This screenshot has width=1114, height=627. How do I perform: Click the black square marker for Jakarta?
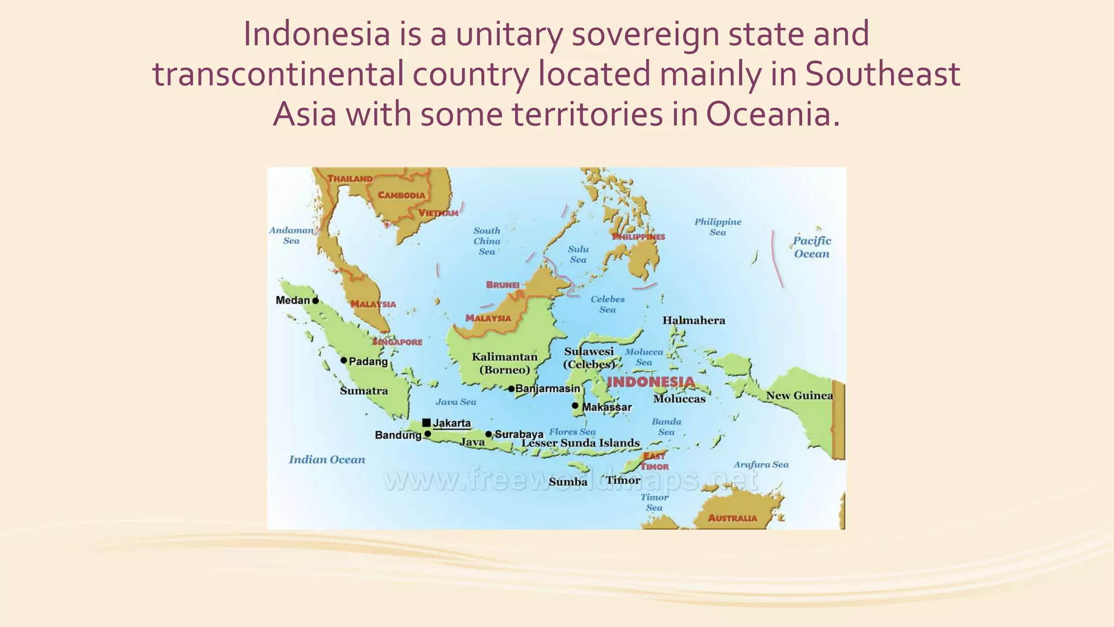click(x=426, y=423)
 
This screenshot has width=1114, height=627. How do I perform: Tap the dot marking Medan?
click(x=315, y=300)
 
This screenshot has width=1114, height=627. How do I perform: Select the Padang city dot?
click(x=344, y=360)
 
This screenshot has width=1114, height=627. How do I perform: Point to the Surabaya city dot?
click(x=488, y=434)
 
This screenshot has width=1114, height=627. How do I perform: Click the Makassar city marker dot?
click(x=575, y=405)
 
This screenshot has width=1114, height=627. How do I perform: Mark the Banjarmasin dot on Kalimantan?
click(x=511, y=389)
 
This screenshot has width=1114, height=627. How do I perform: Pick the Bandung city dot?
click(x=428, y=434)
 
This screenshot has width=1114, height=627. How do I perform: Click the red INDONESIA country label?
click(x=651, y=382)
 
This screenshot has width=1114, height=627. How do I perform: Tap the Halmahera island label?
click(x=694, y=321)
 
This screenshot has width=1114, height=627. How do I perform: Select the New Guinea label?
click(x=799, y=396)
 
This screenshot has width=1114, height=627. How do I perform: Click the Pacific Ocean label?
click(x=812, y=247)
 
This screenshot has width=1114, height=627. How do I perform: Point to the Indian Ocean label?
click(x=327, y=460)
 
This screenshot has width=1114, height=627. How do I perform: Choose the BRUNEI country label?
click(x=503, y=285)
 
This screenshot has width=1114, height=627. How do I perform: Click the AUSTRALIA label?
click(x=732, y=518)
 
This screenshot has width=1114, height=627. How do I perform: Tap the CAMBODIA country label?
click(x=401, y=195)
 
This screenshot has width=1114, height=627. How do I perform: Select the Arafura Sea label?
click(x=760, y=465)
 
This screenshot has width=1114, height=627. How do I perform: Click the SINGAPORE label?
click(x=398, y=342)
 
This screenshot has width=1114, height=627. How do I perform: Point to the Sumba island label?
click(x=568, y=482)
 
